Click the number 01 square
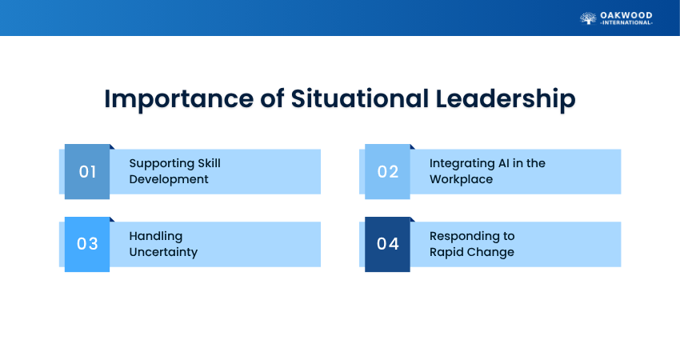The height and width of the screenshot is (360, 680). [87, 172]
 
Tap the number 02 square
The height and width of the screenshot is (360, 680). [387, 172]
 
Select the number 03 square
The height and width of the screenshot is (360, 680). [87, 244]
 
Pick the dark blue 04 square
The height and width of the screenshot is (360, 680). [387, 244]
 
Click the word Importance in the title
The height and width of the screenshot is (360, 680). [178, 100]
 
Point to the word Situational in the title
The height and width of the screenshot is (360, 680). [360, 98]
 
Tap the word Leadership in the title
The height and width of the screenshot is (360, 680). [506, 100]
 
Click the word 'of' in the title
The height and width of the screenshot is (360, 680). [272, 98]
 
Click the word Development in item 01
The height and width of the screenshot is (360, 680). [169, 179]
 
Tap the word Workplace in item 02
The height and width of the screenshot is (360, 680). [461, 179]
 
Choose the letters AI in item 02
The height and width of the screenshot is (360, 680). [503, 163]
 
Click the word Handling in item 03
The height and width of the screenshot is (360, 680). [156, 237]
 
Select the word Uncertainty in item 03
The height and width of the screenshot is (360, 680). [163, 252]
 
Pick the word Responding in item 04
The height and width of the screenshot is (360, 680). [465, 237]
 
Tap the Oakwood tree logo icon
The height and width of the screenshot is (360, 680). [588, 18]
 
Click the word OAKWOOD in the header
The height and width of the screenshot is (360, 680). [626, 16]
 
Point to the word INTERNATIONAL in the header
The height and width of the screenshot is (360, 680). [626, 23]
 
